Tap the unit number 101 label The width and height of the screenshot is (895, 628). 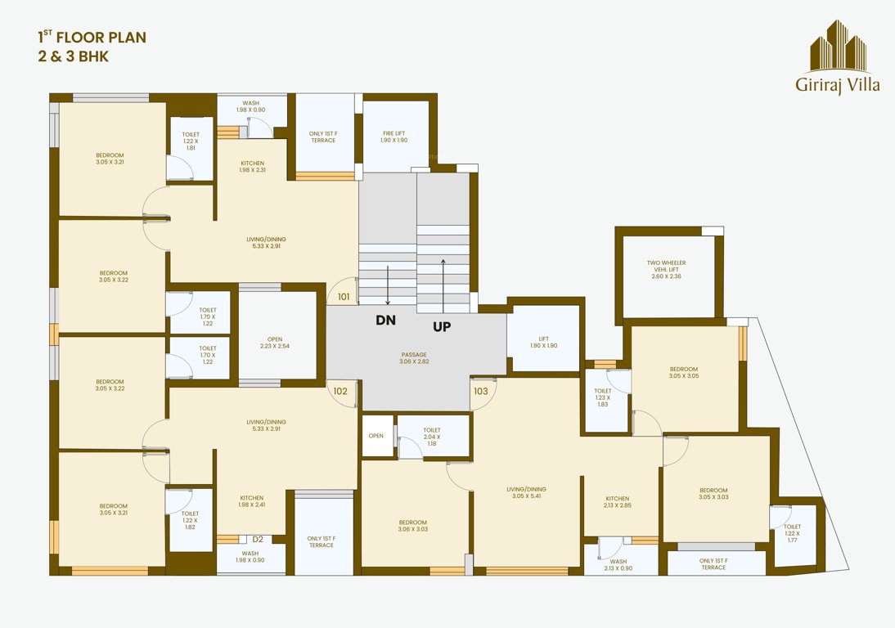point(344,297)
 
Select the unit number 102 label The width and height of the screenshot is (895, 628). point(340,391)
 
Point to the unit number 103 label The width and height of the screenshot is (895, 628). point(481,391)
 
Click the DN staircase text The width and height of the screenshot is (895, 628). point(385,321)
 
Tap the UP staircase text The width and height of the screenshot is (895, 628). point(442,325)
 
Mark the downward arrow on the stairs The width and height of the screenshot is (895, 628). point(388,286)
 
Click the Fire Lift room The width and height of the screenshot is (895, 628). point(394,136)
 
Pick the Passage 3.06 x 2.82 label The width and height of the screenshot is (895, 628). point(414,357)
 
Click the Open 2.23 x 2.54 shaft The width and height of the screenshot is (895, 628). point(277,342)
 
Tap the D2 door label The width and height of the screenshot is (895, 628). point(258,539)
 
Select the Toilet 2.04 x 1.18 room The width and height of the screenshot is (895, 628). point(433,436)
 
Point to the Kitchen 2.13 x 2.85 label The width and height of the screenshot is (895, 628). point(618,501)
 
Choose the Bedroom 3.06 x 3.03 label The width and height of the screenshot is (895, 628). point(413,525)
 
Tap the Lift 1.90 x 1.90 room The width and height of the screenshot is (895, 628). point(543,342)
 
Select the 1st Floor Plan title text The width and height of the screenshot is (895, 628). point(92,37)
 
